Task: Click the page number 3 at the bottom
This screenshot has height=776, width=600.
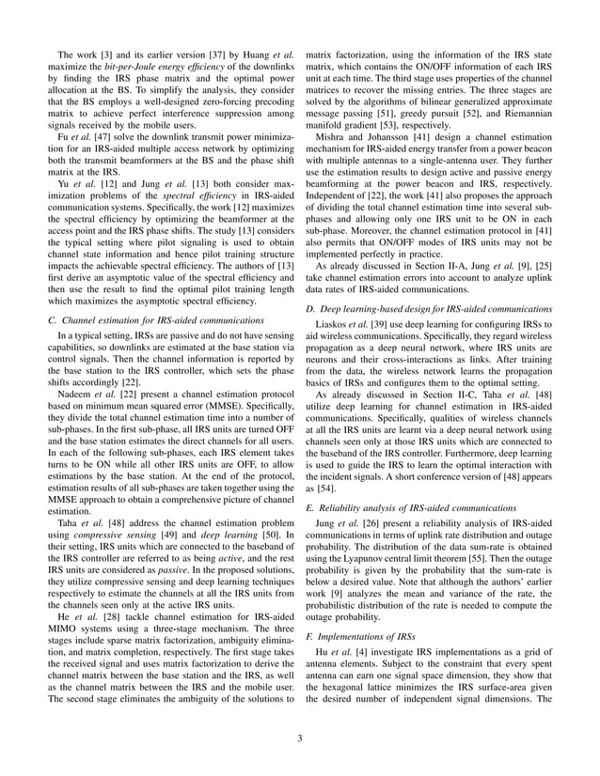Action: coord(300,737)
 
